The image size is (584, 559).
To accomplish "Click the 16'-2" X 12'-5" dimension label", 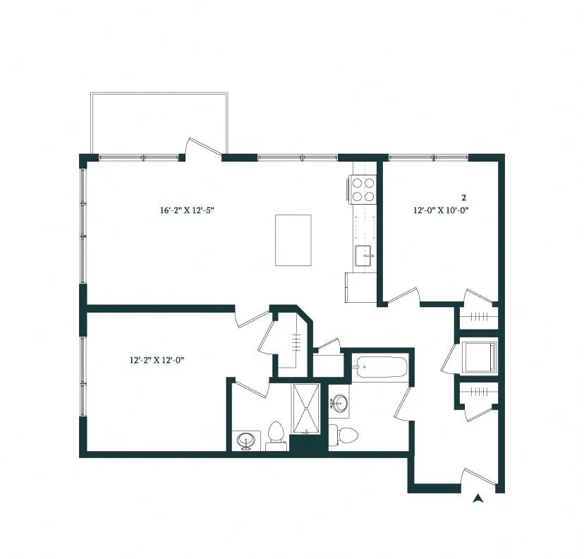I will pos(187,210).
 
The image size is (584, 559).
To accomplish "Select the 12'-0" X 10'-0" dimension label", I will pos(441,210).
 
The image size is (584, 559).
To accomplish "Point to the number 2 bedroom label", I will pos(463,198).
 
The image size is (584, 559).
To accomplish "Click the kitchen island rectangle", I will pos(293,240).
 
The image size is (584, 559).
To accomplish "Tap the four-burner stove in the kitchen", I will pos(363,188).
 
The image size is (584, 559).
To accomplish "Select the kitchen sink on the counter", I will pos(364,256).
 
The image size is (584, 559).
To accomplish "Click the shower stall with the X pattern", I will pos(307,407).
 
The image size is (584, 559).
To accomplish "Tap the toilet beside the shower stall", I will pos(276,435).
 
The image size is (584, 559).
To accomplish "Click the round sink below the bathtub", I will pos(339,404).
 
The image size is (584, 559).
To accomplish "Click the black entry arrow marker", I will pos(478,498).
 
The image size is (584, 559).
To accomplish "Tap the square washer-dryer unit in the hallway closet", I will pos(479,356).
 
